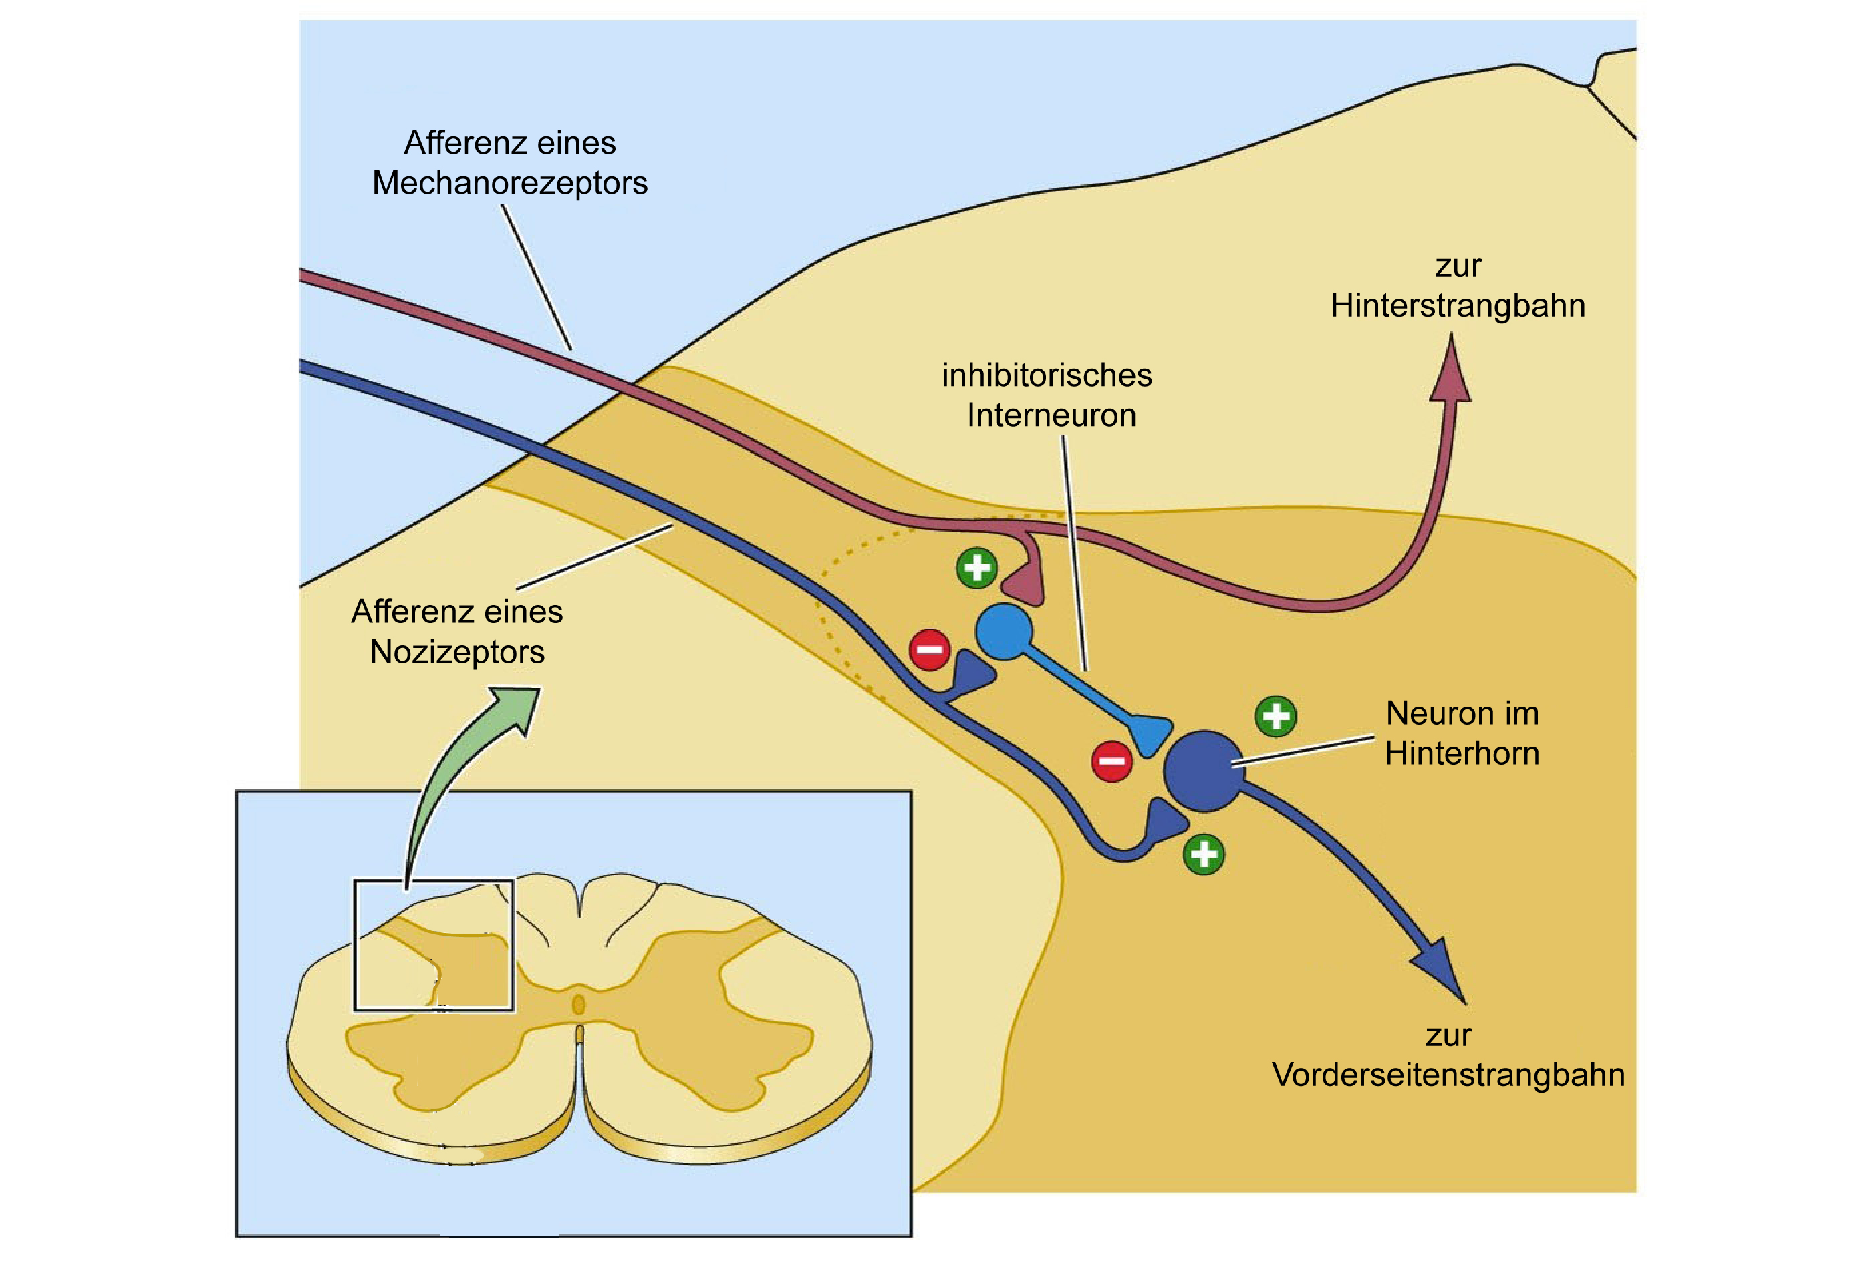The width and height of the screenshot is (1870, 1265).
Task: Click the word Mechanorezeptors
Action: click(509, 184)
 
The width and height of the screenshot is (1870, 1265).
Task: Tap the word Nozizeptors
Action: click(457, 652)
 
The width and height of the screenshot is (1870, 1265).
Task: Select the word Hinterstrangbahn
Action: click(1458, 307)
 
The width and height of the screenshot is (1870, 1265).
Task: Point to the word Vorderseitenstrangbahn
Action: click(1448, 1075)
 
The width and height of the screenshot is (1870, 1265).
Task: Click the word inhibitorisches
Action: click(1047, 375)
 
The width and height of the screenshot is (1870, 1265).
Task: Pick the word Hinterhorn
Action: click(1462, 753)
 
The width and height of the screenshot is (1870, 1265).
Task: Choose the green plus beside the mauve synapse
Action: click(977, 568)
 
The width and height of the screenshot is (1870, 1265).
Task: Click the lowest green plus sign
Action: click(1204, 854)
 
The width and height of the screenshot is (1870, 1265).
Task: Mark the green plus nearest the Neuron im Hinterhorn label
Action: click(1276, 716)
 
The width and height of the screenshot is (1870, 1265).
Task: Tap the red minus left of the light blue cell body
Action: click(930, 650)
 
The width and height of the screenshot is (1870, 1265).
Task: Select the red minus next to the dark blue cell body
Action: click(1112, 761)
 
